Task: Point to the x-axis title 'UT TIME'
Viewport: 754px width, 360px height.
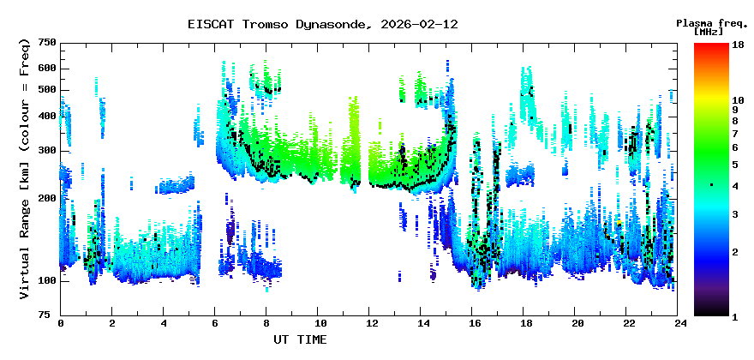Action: (x=300, y=340)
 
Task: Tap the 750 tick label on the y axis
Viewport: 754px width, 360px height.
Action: (x=47, y=43)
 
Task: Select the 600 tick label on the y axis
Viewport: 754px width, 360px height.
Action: (x=47, y=69)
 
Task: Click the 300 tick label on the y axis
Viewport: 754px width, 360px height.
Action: (x=47, y=151)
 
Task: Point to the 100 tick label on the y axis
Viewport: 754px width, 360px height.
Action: (x=47, y=281)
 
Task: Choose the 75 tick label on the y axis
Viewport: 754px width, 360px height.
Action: (x=50, y=315)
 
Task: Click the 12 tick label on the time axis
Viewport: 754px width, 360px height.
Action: (x=370, y=324)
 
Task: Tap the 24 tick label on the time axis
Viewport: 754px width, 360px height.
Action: (x=680, y=324)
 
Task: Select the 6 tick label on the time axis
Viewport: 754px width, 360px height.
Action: (x=215, y=324)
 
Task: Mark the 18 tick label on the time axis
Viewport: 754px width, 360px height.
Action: (x=525, y=324)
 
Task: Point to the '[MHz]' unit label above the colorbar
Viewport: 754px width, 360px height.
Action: (x=709, y=32)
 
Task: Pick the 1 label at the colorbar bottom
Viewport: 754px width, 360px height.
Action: (x=735, y=317)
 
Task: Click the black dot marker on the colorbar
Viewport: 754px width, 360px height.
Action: (x=711, y=184)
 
